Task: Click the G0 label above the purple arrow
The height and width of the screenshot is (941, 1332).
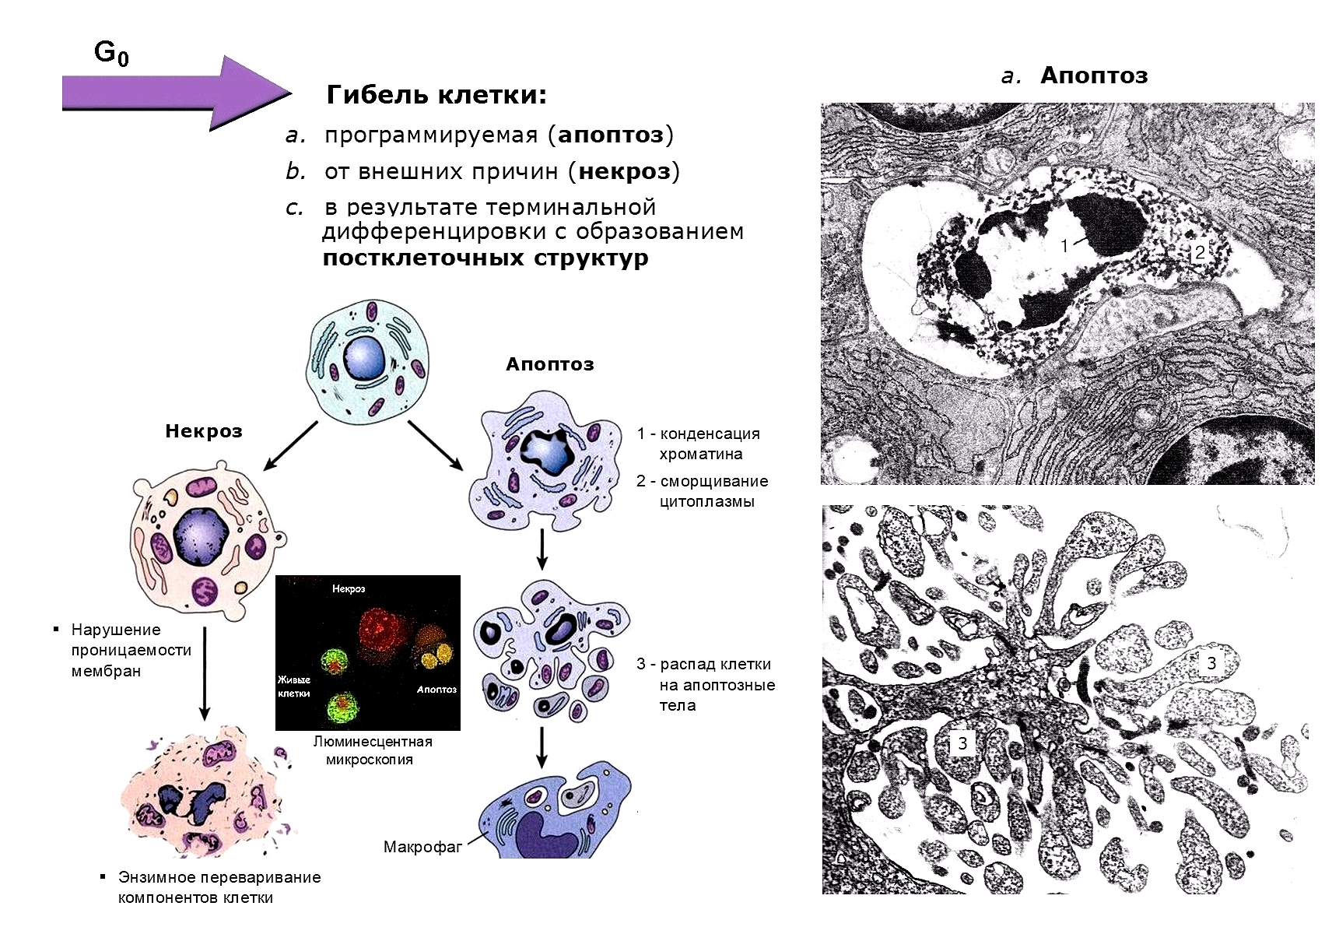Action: (x=111, y=53)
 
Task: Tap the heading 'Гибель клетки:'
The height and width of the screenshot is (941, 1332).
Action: (x=436, y=95)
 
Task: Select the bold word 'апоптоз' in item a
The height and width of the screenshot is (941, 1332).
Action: (x=611, y=135)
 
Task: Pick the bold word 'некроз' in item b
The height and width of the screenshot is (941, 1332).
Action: (x=624, y=171)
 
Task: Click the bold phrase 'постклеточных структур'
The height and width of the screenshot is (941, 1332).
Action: (x=485, y=258)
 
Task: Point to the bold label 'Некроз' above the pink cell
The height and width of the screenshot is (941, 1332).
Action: (x=204, y=431)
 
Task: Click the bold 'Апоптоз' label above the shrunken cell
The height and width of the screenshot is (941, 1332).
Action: (x=549, y=364)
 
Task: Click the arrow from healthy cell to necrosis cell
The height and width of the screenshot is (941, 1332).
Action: (x=291, y=446)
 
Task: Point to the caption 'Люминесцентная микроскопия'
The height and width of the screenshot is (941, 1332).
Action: (x=372, y=750)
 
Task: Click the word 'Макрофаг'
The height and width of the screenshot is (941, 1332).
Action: (x=422, y=847)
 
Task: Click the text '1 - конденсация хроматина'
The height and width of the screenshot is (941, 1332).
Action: (x=698, y=444)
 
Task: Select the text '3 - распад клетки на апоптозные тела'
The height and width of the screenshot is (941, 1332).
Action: (x=705, y=685)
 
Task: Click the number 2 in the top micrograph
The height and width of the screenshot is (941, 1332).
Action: (x=1199, y=251)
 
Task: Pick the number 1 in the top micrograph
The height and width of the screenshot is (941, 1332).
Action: (x=1064, y=246)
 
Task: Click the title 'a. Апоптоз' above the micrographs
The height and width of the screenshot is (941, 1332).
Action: (x=1074, y=75)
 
